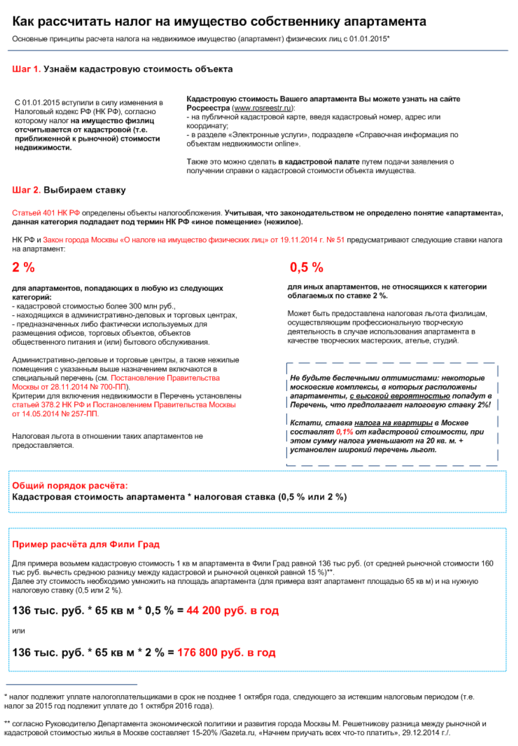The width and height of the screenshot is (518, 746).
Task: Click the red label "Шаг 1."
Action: coord(26,69)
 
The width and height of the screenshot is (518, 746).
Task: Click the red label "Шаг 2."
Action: coord(26,190)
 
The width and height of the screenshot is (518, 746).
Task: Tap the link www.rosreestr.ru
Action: coord(262,108)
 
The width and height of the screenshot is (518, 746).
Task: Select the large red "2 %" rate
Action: coord(23,267)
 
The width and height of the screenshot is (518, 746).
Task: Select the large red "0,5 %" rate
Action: coord(306,267)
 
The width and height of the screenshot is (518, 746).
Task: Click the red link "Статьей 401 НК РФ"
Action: coord(46,213)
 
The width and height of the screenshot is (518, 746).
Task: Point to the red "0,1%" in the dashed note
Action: coord(344,432)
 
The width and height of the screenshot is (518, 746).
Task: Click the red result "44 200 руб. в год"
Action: coord(232,610)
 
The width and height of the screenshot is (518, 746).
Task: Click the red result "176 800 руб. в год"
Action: coord(226,652)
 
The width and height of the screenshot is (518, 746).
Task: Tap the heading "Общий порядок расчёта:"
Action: coord(70,485)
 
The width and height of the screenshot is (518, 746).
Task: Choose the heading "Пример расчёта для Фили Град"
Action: coord(86,544)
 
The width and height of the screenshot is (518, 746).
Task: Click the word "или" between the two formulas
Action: coord(19,631)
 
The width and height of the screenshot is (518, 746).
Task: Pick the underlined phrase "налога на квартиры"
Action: coord(393,423)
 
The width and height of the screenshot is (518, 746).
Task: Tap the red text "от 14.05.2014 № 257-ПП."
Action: coord(55,414)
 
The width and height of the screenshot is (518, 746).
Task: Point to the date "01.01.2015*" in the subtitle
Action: coord(369,39)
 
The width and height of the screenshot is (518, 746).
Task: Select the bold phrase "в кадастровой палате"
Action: coord(319,162)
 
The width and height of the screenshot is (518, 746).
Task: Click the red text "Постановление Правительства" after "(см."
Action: coord(165,378)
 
